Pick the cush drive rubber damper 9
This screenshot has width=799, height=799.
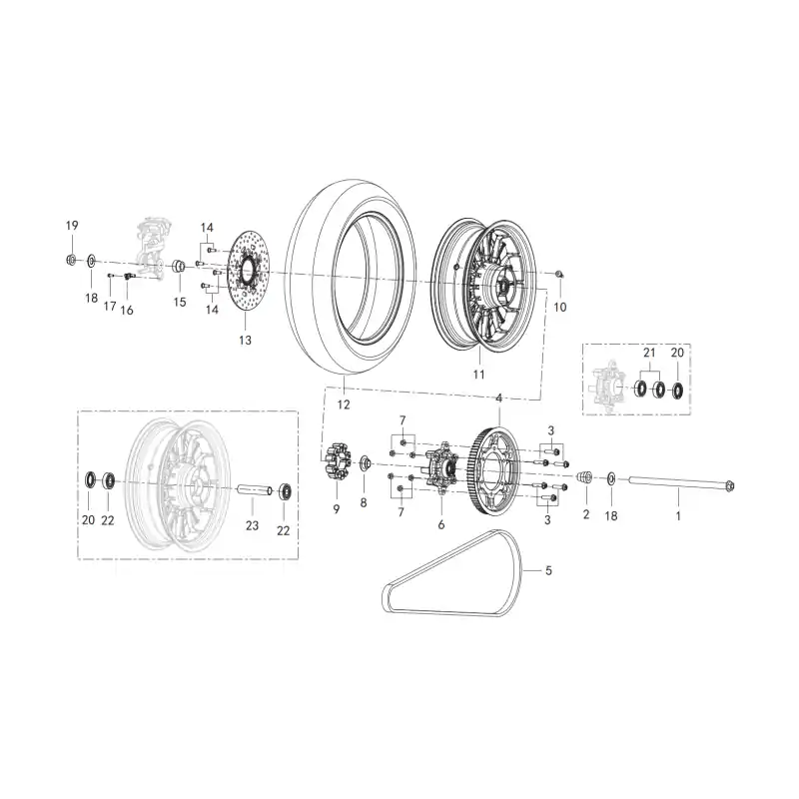(337, 460)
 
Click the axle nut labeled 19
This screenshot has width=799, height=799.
(71, 260)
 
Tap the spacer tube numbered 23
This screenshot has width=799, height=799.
(254, 490)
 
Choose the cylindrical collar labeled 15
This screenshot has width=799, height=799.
(179, 266)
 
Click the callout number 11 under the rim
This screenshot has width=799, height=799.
(479, 375)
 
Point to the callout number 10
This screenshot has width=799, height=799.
(560, 307)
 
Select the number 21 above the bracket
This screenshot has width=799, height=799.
(649, 353)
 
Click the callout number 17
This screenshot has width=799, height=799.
(110, 307)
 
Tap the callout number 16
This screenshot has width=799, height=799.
(127, 310)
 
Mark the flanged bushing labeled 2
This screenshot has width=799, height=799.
(584, 477)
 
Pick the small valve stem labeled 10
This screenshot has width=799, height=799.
(559, 275)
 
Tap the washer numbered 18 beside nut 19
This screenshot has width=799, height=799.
(91, 262)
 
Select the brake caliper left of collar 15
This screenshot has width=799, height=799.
(151, 250)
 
